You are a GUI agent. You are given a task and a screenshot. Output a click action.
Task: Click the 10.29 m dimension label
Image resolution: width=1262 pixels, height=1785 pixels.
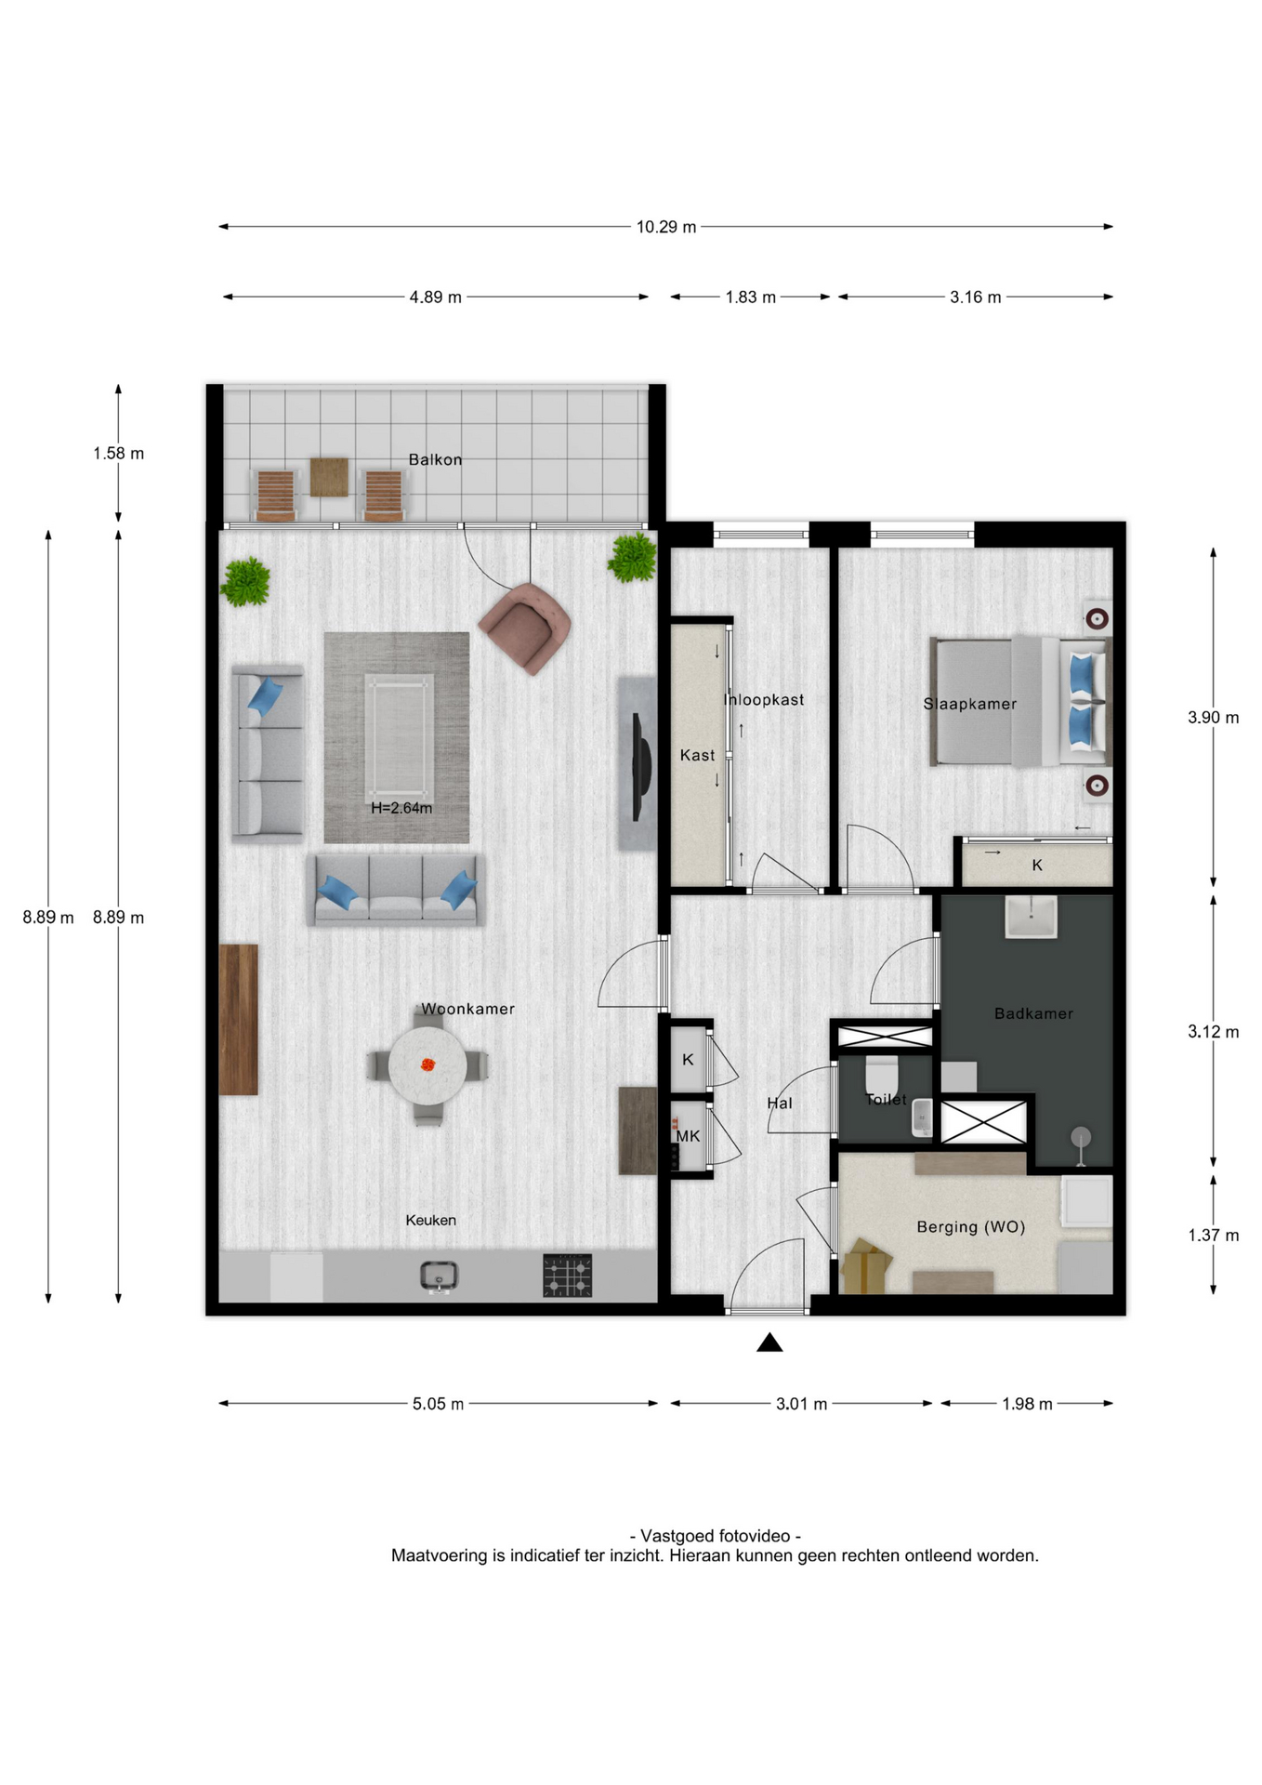(665, 227)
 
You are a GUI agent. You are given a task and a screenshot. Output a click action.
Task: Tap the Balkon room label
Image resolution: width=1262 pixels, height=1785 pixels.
(435, 459)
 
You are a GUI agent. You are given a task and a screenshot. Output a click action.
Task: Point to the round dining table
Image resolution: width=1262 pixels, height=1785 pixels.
(427, 1065)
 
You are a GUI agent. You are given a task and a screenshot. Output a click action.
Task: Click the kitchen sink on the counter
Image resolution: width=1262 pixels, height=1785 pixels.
(438, 1276)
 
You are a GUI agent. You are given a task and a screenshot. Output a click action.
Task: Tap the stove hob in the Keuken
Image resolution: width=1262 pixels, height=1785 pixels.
(567, 1276)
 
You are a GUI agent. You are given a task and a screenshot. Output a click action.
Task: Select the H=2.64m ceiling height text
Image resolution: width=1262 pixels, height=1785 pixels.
(401, 808)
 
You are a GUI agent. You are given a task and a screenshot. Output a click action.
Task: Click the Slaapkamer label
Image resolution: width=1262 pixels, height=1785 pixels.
(969, 704)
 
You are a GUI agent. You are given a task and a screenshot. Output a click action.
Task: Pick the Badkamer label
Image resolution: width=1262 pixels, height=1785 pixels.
(1033, 1013)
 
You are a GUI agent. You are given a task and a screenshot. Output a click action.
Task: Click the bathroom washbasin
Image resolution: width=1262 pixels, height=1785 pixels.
(1031, 917)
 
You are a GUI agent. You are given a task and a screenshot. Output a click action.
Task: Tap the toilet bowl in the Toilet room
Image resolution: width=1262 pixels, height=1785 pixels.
(881, 1077)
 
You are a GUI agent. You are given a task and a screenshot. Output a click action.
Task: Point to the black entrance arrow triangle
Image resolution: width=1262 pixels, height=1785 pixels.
(769, 1342)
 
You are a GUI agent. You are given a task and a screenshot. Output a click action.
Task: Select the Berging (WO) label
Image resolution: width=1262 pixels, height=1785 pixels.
(971, 1227)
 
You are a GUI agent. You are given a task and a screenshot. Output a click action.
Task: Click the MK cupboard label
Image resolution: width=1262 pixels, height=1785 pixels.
(688, 1136)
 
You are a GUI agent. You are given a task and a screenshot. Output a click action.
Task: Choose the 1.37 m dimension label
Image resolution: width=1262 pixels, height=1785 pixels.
(1213, 1236)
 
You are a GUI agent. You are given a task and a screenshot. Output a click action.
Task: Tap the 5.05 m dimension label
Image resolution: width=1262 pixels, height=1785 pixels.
(438, 1404)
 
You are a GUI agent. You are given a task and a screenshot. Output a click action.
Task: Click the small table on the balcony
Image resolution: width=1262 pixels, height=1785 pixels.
(329, 477)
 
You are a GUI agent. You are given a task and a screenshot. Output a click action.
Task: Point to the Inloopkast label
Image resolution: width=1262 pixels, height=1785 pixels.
(764, 699)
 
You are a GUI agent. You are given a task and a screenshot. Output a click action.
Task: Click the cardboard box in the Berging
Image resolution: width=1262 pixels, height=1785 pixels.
(866, 1266)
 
